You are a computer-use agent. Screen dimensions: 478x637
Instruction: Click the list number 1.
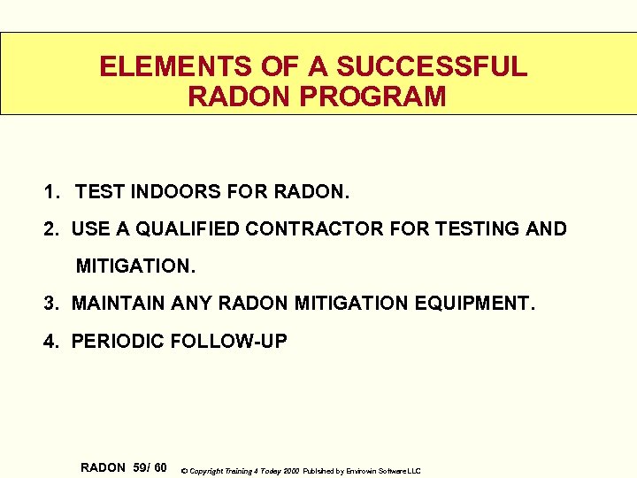pyautogui.click(x=50, y=190)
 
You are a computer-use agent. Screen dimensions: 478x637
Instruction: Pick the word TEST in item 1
pyautogui.click(x=98, y=190)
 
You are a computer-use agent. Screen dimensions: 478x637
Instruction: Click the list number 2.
pyautogui.click(x=50, y=229)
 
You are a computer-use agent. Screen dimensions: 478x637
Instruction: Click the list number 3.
pyautogui.click(x=50, y=304)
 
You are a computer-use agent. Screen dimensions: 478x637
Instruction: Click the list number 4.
pyautogui.click(x=50, y=341)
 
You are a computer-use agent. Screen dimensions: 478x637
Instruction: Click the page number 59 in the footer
pyautogui.click(x=140, y=467)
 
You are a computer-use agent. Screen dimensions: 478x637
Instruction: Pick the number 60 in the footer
pyautogui.click(x=159, y=467)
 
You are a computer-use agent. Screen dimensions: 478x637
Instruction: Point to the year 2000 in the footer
pyautogui.click(x=289, y=471)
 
